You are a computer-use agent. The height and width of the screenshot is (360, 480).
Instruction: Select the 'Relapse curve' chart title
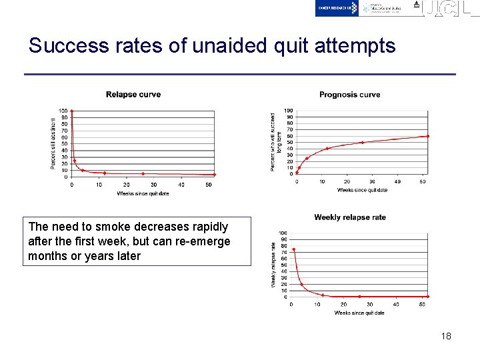coord(133,95)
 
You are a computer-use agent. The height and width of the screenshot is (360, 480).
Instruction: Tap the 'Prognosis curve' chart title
coord(349,95)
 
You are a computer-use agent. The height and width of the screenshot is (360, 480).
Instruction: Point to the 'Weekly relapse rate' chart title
coord(350,217)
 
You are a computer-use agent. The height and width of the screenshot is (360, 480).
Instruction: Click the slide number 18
coord(446,336)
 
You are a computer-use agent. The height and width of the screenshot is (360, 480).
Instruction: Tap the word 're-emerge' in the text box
coord(204,241)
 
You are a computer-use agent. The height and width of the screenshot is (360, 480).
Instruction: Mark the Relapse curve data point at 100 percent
coord(72,111)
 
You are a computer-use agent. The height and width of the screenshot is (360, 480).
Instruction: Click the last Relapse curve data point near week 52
coord(214,175)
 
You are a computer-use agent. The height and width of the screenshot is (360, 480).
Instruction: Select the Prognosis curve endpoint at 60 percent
coord(427,136)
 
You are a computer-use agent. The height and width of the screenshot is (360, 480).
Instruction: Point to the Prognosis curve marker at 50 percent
coord(362,142)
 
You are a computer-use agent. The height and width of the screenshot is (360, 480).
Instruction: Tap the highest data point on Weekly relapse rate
coord(293,249)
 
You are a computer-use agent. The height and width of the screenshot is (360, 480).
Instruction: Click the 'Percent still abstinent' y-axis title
coord(53,143)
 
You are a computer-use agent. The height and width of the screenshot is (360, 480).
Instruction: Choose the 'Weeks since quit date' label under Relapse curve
coord(143,194)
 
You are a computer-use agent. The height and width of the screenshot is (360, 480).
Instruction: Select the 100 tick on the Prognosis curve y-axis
coord(289,111)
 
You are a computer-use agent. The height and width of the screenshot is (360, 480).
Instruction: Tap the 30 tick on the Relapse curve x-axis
coord(153,185)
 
